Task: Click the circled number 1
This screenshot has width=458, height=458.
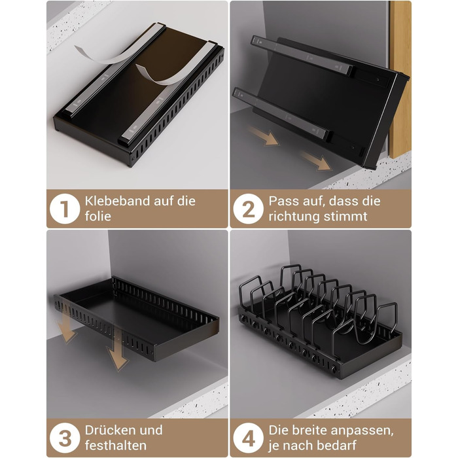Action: click(65, 209)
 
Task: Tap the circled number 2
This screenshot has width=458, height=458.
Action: click(248, 209)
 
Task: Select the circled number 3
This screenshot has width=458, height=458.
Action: click(65, 438)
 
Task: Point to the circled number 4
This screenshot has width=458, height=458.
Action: click(248, 438)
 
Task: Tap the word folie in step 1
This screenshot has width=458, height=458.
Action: click(98, 217)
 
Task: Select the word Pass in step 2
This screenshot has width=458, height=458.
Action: click(281, 201)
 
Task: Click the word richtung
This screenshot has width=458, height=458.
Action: click(294, 217)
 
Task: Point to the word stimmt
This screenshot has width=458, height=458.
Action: click(345, 217)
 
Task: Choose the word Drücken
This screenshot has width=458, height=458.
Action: click(108, 431)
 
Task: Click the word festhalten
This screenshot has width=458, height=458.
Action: click(116, 446)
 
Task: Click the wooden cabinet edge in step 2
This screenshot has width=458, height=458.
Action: click(400, 79)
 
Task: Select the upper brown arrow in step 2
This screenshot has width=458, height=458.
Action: click(264, 136)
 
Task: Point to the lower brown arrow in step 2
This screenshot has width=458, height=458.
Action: click(316, 161)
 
